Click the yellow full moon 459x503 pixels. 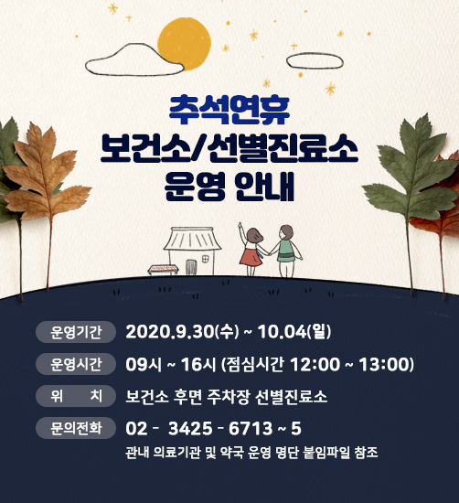(x=184, y=44)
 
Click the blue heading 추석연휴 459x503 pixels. (x=229, y=110)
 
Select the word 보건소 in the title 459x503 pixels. (x=144, y=148)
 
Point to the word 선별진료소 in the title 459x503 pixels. (x=283, y=148)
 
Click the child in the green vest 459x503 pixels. (x=286, y=251)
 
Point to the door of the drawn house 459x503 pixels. (x=190, y=267)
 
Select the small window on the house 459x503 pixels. (x=206, y=259)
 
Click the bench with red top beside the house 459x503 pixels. (x=163, y=270)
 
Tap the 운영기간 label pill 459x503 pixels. (x=76, y=332)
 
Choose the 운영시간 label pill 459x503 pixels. (x=76, y=364)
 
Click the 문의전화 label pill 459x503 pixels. (x=76, y=428)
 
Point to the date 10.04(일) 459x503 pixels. (x=294, y=332)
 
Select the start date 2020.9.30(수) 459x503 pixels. (x=182, y=332)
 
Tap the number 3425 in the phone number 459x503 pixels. (x=190, y=428)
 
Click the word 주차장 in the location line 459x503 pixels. (x=228, y=397)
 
